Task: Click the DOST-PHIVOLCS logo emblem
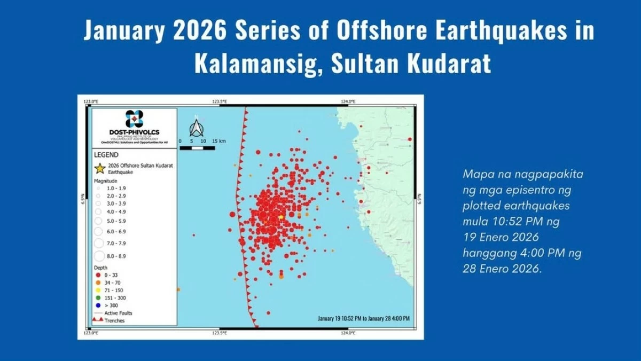click(134, 119)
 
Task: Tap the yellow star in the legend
click(99, 169)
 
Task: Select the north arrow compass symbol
click(196, 127)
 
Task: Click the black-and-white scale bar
click(197, 148)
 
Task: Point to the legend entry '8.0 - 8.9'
click(116, 256)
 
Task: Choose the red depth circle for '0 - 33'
click(98, 275)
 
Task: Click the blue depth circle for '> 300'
click(98, 305)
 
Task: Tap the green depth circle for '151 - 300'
click(98, 298)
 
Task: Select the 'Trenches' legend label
click(114, 320)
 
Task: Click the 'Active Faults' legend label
click(118, 313)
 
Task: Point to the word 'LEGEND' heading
click(106, 155)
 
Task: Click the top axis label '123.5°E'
click(220, 101)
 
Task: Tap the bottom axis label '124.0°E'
click(348, 333)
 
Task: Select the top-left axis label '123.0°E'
click(91, 101)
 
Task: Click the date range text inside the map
click(364, 318)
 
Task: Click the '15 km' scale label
click(218, 141)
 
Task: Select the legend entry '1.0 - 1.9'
click(116, 189)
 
